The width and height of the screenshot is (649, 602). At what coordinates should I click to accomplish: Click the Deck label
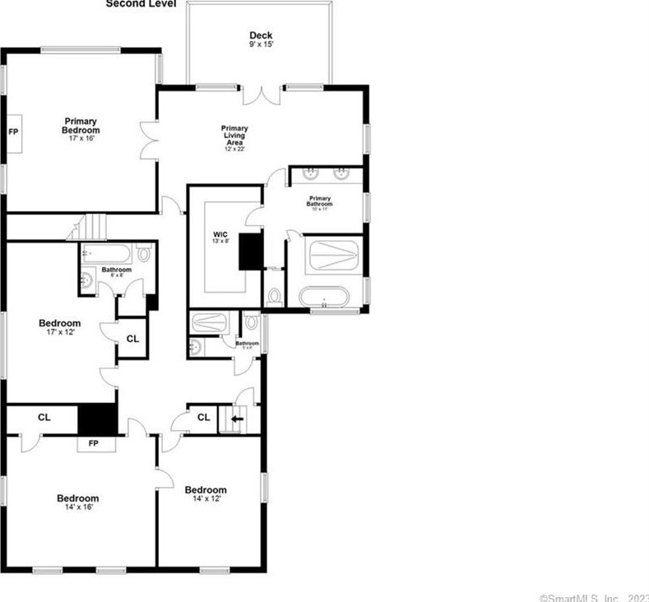(261, 35)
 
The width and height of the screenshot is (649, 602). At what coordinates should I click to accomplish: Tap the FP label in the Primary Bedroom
(13, 131)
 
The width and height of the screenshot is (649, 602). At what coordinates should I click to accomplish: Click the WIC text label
(220, 235)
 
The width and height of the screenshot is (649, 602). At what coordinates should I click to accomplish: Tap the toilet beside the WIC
(275, 298)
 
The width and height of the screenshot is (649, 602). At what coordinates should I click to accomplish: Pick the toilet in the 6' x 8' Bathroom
(145, 253)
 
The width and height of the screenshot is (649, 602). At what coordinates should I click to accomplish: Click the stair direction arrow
(238, 419)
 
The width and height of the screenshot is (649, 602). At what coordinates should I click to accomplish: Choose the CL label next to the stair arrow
(204, 418)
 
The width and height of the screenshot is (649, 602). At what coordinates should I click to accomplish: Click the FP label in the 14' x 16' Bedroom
(93, 443)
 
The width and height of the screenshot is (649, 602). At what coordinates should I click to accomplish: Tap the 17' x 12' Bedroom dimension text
(60, 333)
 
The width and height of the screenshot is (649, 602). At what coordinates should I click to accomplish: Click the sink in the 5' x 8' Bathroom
(194, 347)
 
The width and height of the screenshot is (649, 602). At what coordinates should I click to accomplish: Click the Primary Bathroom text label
(320, 201)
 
